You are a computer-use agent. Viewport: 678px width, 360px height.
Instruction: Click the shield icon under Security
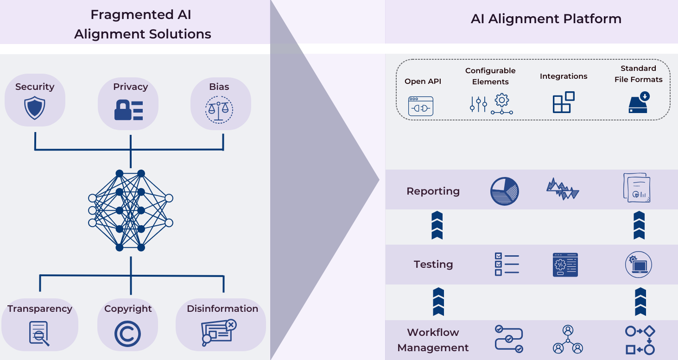(35, 108)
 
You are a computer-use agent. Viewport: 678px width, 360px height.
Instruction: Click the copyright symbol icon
(127, 334)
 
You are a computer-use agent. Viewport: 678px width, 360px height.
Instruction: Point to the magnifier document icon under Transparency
(39, 333)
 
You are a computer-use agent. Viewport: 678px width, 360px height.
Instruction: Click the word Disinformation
(222, 309)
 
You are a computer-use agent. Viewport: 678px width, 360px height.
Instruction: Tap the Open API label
(423, 82)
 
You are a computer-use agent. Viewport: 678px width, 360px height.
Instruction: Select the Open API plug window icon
(420, 106)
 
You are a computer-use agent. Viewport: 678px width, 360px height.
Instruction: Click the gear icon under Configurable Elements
(502, 100)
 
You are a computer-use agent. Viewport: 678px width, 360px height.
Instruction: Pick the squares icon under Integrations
(564, 102)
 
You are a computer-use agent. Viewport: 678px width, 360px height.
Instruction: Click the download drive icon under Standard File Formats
(639, 102)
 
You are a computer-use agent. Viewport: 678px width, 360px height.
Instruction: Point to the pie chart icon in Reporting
(504, 191)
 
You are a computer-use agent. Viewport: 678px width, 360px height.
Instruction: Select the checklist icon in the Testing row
(507, 264)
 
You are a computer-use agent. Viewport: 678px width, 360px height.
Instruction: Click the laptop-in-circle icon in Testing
(638, 265)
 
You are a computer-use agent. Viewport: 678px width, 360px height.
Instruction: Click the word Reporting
(433, 191)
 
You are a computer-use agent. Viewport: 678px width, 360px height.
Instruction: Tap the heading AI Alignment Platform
(546, 19)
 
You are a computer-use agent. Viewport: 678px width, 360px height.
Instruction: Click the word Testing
(433, 264)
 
